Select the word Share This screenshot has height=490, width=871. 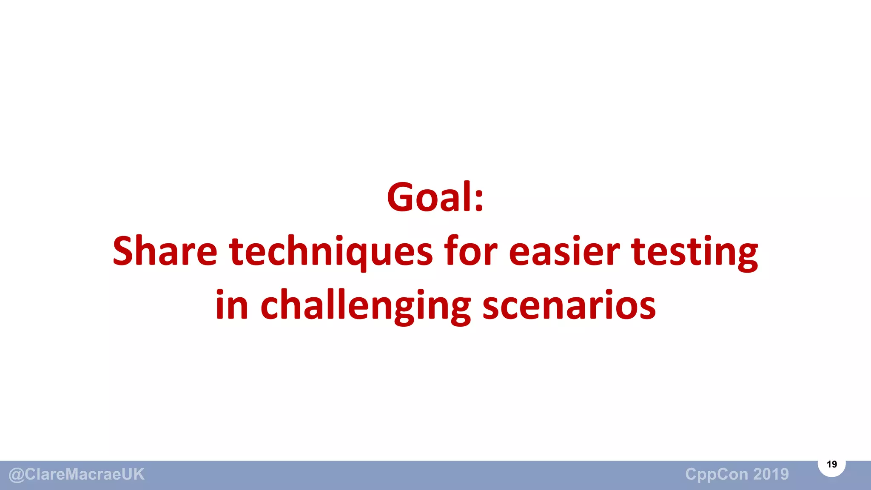pyautogui.click(x=165, y=252)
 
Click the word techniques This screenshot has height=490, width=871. pyautogui.click(x=331, y=252)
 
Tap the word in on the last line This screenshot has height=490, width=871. pyautogui.click(x=232, y=305)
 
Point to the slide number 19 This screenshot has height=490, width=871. pyautogui.click(x=831, y=464)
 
